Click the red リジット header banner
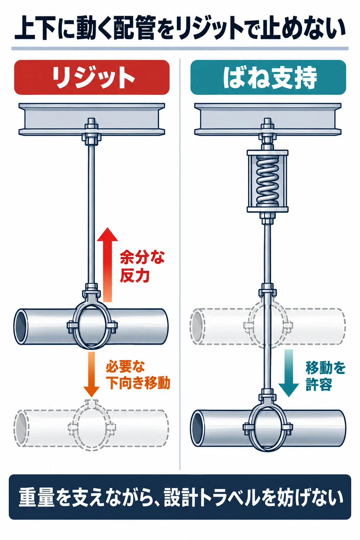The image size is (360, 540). pyautogui.click(x=92, y=77)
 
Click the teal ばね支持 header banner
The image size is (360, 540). pyautogui.click(x=268, y=77)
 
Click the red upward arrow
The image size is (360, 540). pyautogui.click(x=108, y=264)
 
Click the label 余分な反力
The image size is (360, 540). pyautogui.click(x=142, y=266)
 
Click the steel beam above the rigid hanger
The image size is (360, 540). pyautogui.click(x=92, y=119)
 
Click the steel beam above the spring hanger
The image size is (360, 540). pyautogui.click(x=268, y=119)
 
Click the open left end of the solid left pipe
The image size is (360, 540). pyautogui.click(x=21, y=326)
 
